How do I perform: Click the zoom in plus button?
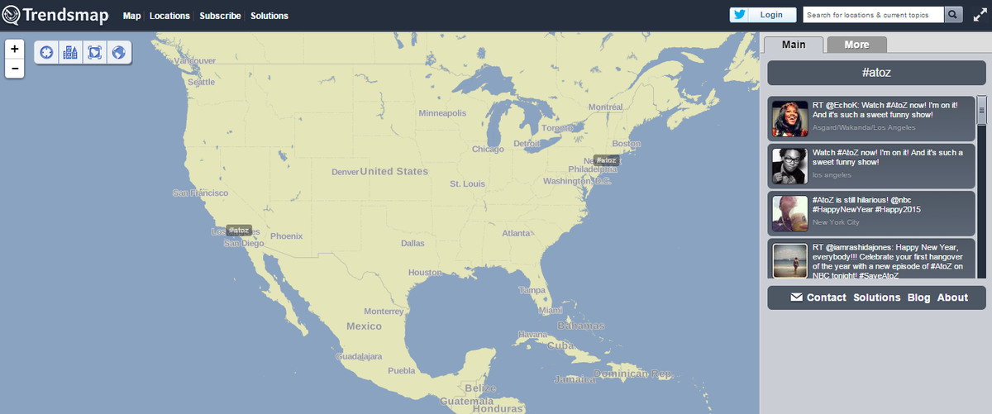pos(15,49)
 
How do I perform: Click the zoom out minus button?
pos(15,68)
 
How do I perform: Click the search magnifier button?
pos(954,15)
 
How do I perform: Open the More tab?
pos(856,45)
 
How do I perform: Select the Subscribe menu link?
pos(220,16)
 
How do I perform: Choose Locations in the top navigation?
pos(169,16)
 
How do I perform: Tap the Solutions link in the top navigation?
pos(269,16)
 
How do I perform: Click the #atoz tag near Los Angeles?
pos(239,230)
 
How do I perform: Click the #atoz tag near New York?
pos(606,159)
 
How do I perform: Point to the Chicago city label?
pos(488,150)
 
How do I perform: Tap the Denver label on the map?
pos(345,172)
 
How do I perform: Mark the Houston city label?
pos(425,273)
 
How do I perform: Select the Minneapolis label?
pos(448,113)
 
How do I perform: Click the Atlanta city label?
pos(517,233)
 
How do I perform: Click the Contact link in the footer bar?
pos(826,297)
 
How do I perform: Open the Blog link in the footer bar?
pos(918,297)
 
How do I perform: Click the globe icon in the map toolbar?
pos(119,53)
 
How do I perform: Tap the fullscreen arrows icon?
pos(978,15)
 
